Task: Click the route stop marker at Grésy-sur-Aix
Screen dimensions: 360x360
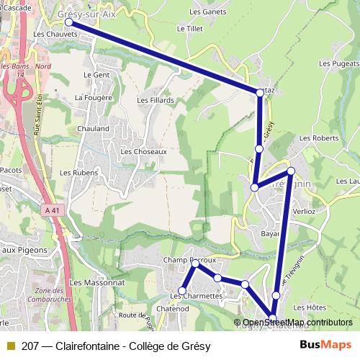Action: [x=69, y=22]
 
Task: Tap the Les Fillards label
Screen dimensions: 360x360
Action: [x=156, y=100]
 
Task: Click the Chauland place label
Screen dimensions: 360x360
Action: [x=94, y=129]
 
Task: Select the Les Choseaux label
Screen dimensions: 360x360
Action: [x=144, y=152]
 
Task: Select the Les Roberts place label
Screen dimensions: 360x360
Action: [x=318, y=138]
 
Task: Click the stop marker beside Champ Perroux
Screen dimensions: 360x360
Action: [x=194, y=264]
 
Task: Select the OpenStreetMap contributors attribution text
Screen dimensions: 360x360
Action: [x=297, y=323]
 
